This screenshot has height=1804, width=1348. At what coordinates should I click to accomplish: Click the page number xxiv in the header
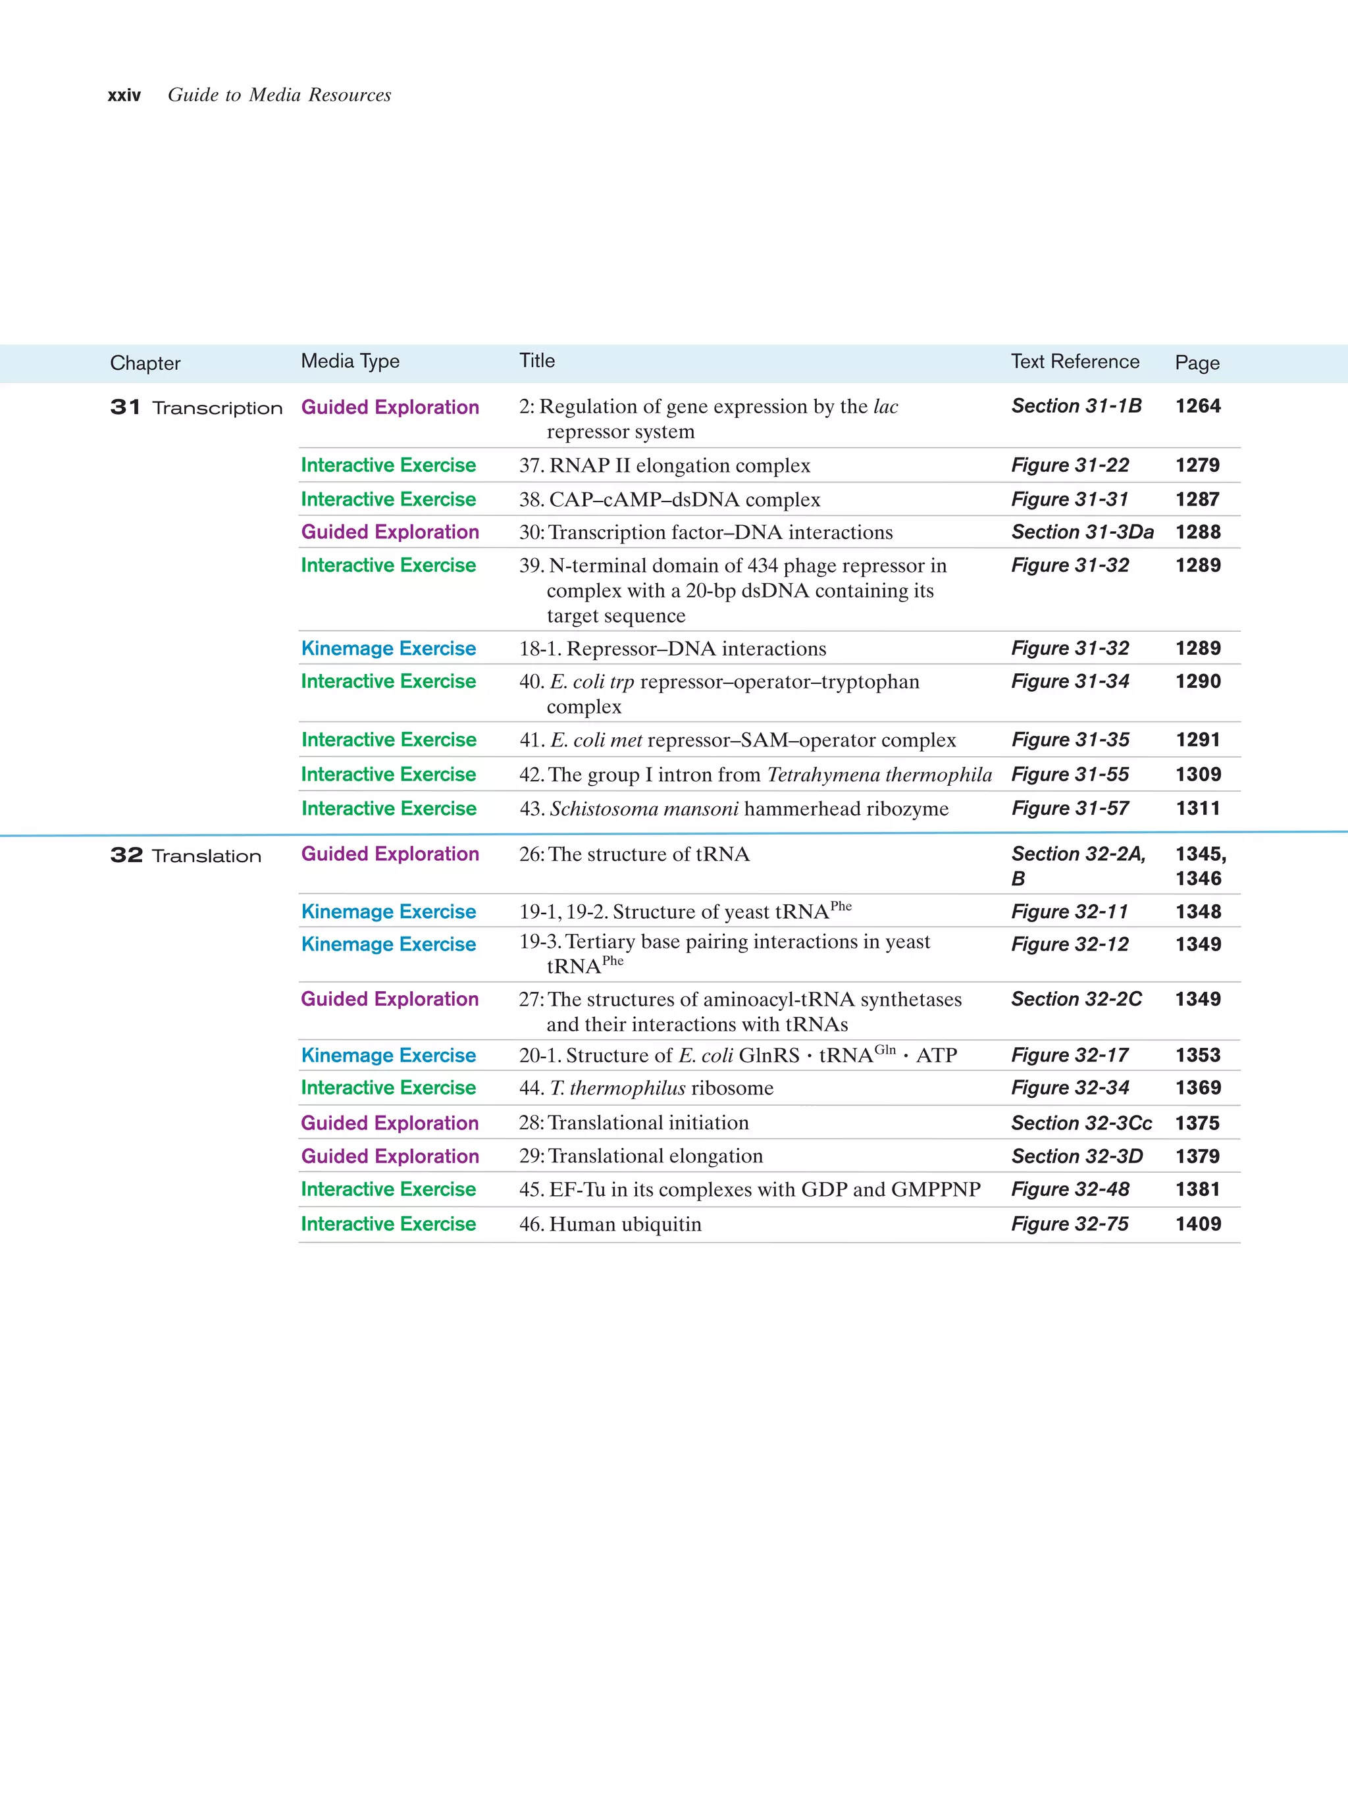[124, 95]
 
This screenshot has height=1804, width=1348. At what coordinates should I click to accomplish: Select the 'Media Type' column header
[350, 361]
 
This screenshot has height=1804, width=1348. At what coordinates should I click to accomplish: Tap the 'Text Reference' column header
[1075, 361]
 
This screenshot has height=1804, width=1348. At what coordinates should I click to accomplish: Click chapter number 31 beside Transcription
[126, 407]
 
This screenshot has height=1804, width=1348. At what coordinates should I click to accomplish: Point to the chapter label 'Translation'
[206, 856]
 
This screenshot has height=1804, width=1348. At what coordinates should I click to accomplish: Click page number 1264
[1197, 406]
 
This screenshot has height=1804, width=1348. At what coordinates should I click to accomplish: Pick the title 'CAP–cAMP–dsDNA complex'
[684, 499]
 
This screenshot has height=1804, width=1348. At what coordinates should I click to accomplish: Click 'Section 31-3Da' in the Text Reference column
[1082, 532]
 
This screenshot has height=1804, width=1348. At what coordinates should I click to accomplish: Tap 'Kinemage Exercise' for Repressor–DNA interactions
[388, 648]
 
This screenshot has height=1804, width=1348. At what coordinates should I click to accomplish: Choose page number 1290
[1197, 681]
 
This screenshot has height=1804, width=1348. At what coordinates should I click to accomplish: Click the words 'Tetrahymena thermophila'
[879, 774]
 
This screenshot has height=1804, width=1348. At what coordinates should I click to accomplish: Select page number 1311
[1197, 808]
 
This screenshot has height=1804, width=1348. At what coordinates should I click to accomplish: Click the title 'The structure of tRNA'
[648, 854]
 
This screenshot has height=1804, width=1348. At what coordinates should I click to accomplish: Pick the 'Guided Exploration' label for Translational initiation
[390, 1123]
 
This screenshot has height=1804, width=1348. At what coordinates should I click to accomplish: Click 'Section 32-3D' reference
[1076, 1156]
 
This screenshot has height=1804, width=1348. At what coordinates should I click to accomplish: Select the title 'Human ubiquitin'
[625, 1224]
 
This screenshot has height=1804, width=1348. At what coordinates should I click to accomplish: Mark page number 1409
[1197, 1224]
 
